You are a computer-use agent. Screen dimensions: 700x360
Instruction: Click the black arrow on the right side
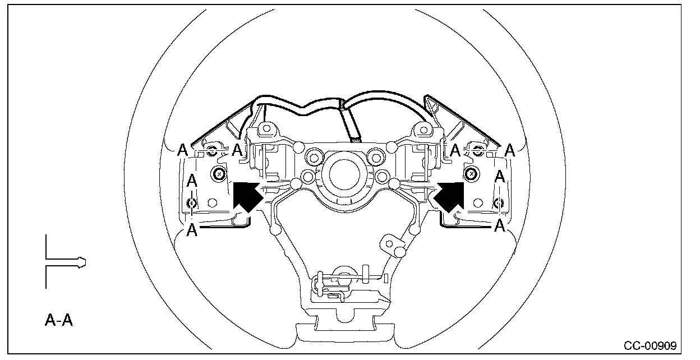click(x=449, y=197)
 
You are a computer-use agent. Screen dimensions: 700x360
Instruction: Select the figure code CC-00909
click(x=650, y=346)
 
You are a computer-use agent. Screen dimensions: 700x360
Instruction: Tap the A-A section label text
click(x=59, y=320)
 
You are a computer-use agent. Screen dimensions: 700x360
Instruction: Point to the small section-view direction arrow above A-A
click(x=66, y=262)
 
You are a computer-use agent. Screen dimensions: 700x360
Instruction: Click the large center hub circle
click(x=344, y=175)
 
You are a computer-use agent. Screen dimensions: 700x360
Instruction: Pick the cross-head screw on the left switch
click(x=219, y=173)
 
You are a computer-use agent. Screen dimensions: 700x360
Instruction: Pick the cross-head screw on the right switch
click(x=471, y=173)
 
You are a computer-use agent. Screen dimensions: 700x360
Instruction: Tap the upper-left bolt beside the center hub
click(x=314, y=158)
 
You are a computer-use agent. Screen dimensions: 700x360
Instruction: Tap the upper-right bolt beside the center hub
click(x=376, y=158)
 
